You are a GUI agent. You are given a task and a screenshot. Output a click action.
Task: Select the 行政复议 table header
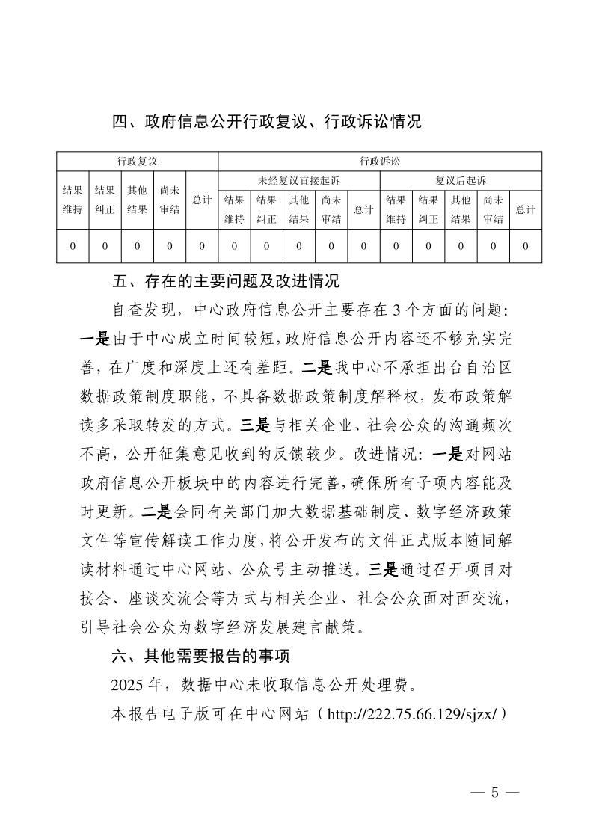pos(137,161)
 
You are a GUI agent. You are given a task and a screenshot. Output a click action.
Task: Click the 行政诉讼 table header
pos(379,161)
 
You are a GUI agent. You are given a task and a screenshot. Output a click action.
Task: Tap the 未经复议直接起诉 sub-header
pos(298,180)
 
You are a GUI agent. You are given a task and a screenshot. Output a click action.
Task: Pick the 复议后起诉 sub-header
pos(461,180)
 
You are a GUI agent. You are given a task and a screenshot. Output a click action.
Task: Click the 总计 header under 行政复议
pos(202,200)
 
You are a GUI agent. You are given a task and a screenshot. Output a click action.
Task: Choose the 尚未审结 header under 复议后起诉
pos(493,209)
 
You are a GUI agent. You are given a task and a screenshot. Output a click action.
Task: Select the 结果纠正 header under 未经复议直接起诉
pos(266,209)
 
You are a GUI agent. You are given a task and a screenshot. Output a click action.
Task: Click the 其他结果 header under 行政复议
pos(137,200)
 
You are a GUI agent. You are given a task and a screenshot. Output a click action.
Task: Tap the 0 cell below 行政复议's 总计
pos(202,246)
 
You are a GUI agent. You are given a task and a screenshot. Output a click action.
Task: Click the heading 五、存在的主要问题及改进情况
pos(225,282)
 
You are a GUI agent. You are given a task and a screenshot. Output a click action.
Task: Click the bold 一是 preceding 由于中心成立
pos(95,339)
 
